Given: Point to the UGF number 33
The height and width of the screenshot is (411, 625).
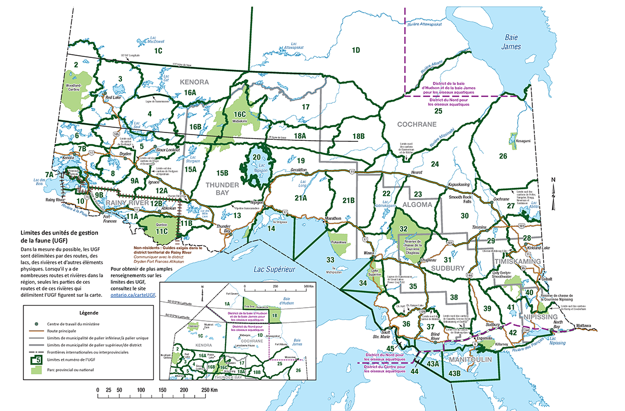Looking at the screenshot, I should pos(330,259).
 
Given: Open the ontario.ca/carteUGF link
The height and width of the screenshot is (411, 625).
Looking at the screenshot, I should pos(133,295).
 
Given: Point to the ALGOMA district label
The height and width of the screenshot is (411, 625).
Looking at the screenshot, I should pos(417,205).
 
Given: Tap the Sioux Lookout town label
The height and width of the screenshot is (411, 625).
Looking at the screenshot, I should pos(168,149).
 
